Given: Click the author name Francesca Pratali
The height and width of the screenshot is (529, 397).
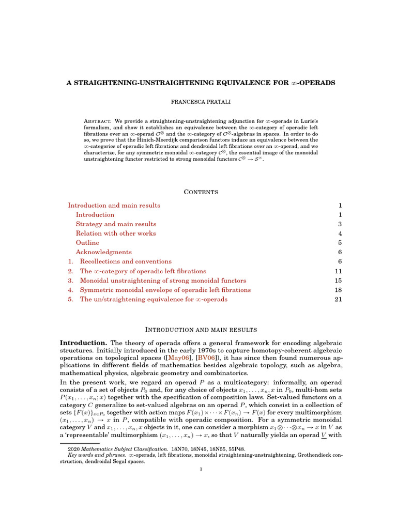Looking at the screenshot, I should coord(198,102).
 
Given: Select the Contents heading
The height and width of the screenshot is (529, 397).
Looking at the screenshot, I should coord(198,192).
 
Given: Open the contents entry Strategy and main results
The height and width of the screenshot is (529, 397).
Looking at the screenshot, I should coord(116,224).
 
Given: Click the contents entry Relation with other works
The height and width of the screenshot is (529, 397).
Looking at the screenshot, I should coord(115,234).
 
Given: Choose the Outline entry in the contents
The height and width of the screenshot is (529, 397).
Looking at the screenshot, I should coord(87,243).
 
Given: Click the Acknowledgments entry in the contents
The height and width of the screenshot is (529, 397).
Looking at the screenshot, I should coord(103,252).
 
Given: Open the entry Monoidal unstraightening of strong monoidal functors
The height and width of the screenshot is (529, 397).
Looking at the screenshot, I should coord(163,281).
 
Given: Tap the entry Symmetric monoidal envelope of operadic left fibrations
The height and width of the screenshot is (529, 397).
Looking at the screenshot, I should coord(165,290).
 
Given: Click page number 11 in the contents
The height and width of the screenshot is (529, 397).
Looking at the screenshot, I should coord(339,271).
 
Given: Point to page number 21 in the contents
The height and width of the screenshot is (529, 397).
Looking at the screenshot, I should coord(339,299).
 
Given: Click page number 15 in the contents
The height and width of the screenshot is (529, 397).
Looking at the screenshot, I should coord(339,281).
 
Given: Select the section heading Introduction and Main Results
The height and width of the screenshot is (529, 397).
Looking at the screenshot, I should coord(198,330).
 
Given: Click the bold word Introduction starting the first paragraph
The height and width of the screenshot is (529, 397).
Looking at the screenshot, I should coord(83,343).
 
